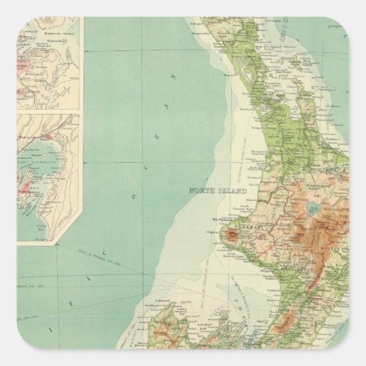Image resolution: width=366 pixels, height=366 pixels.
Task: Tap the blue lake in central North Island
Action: (314, 206)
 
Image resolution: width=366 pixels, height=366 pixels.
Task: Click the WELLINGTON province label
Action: (286, 271)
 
